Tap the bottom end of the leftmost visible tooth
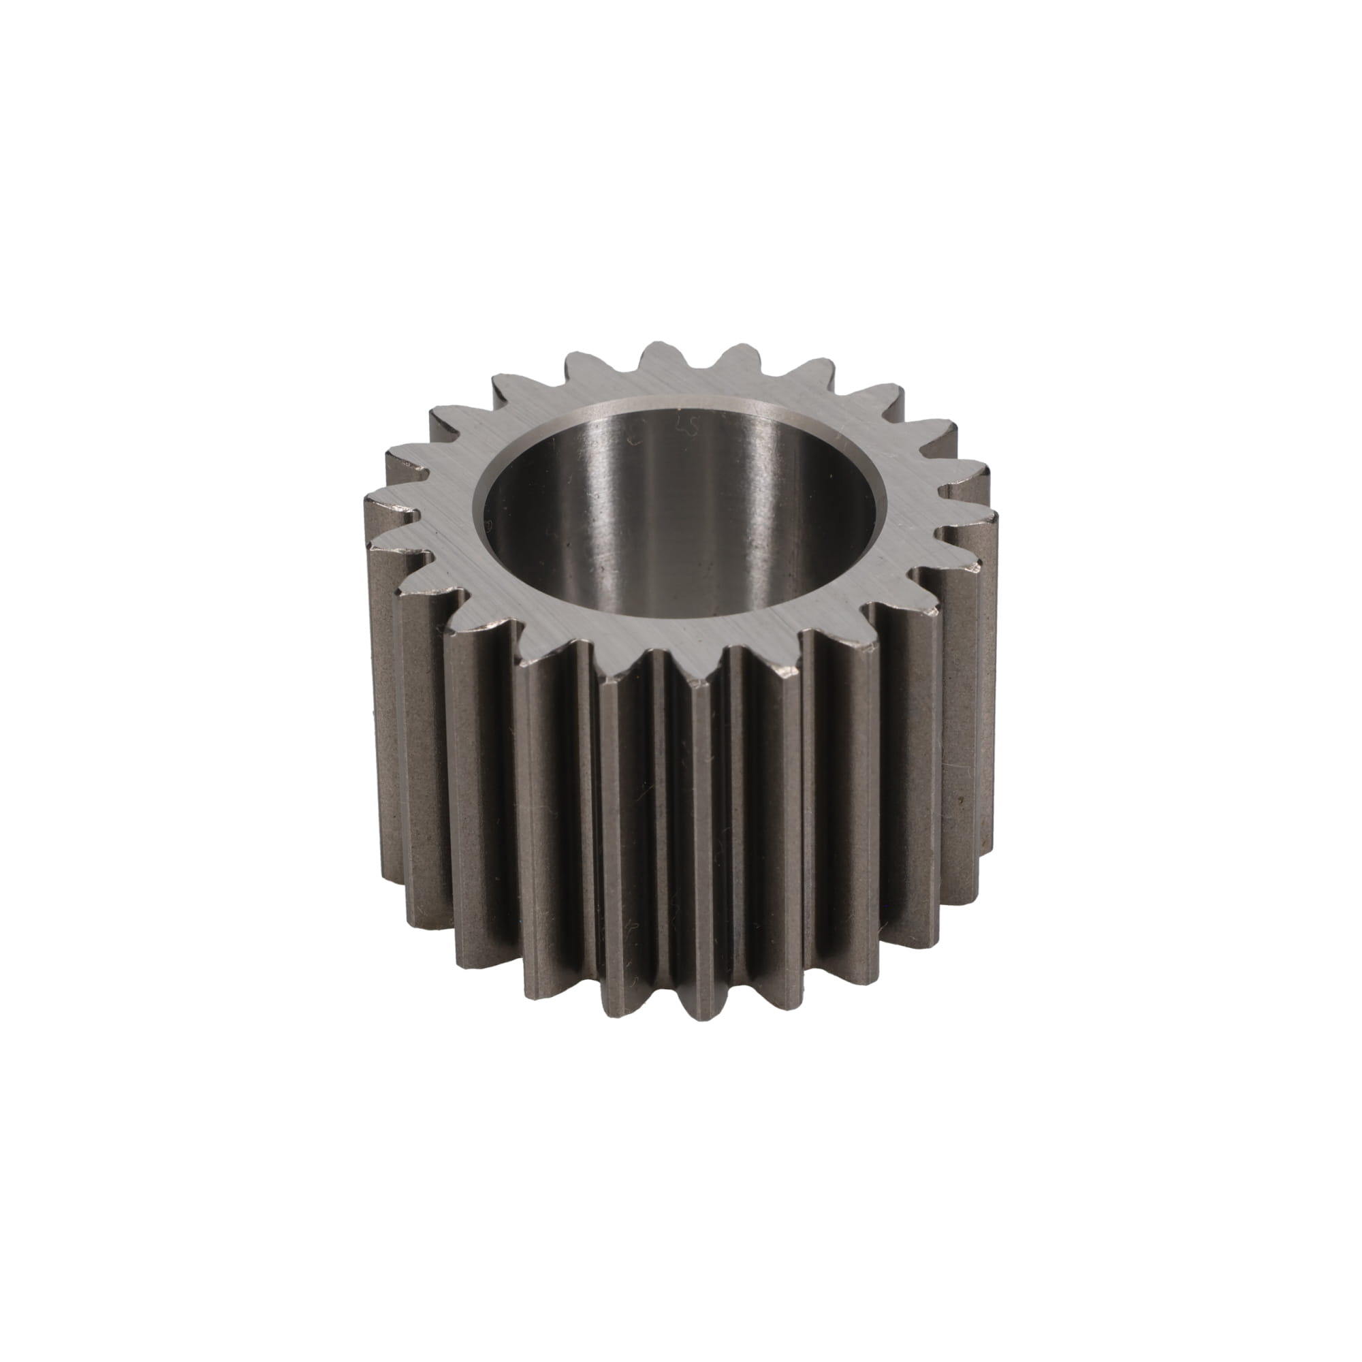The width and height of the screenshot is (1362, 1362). click(x=395, y=874)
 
